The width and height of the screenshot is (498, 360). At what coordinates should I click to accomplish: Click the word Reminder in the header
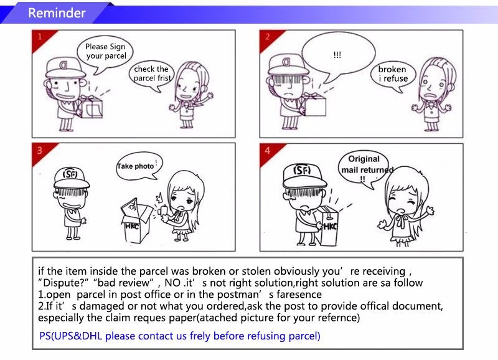tap(57, 13)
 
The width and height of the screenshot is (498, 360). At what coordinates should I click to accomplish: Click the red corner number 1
tap(40, 37)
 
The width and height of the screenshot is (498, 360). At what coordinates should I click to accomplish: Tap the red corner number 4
tap(268, 150)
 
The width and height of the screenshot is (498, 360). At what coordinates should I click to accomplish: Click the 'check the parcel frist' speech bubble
tap(152, 75)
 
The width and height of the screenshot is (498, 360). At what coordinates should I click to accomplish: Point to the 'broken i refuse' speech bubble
tap(393, 75)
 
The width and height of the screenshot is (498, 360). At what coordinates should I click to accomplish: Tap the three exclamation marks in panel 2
tap(337, 55)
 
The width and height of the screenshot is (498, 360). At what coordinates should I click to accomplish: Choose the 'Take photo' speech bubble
tap(139, 166)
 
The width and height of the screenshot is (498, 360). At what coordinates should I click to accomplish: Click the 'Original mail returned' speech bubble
tap(365, 168)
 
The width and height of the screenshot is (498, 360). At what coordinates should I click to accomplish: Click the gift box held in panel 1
tap(90, 107)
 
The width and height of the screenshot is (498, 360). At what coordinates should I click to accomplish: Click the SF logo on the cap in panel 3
tap(70, 174)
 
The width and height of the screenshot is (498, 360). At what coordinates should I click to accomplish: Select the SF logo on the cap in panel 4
tap(302, 170)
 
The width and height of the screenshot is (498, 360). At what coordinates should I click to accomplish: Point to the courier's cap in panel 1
tap(65, 68)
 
